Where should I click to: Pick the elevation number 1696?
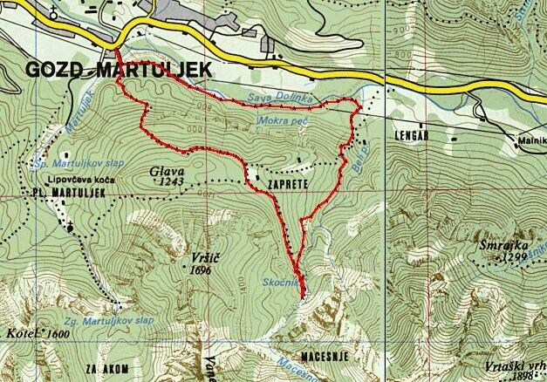[x=199, y=270]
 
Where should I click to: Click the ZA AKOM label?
[x=107, y=369]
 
